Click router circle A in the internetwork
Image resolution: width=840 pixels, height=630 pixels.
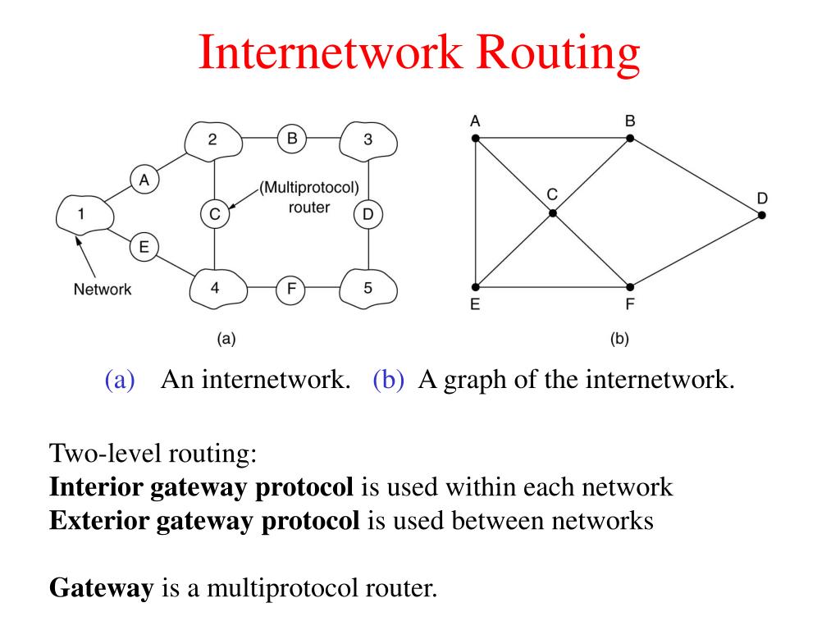point(144,180)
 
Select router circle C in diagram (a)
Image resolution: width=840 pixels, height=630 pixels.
point(214,214)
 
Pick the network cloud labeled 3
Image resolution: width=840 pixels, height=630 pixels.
point(368,140)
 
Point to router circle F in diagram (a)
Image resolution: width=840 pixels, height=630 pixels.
point(290,290)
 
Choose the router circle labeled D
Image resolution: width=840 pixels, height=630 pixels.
point(368,214)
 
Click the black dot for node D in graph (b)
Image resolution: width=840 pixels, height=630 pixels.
point(762,216)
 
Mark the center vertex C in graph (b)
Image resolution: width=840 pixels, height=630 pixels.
point(553,213)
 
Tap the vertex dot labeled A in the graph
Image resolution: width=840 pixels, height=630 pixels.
point(475,138)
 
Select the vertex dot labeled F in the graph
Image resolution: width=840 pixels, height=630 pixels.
point(630,287)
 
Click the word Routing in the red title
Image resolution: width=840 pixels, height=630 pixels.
point(558,53)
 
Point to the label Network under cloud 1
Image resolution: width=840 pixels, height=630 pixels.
point(103,290)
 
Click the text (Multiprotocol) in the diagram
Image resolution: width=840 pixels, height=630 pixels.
point(309,188)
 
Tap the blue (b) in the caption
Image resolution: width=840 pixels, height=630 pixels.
point(388,379)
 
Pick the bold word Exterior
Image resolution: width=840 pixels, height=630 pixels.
point(99,520)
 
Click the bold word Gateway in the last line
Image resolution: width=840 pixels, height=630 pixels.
point(101,588)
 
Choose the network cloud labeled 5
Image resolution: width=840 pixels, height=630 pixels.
point(368,288)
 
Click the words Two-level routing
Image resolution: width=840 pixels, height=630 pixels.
point(153,454)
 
